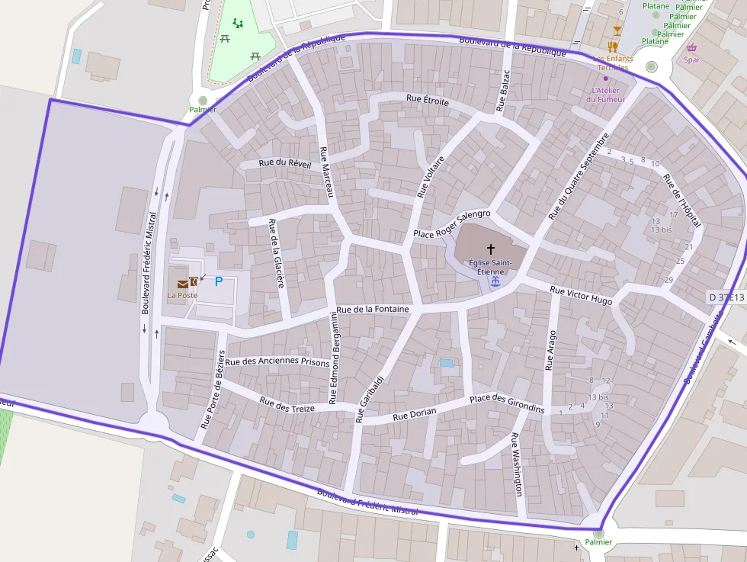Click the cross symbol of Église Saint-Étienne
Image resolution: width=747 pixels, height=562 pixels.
[x=491, y=249]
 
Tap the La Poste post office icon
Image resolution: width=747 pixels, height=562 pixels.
[x=183, y=283]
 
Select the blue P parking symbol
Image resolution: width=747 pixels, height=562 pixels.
[x=219, y=281]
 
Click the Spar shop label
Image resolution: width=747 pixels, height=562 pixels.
[x=692, y=59]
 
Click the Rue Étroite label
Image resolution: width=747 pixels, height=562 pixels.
[x=428, y=100]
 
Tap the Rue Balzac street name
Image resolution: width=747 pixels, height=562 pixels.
[x=502, y=92]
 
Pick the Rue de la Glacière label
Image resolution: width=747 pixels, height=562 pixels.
[x=276, y=253]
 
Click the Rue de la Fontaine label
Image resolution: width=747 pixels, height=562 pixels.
[x=373, y=309]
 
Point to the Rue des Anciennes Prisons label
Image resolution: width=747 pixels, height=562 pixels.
[x=277, y=361]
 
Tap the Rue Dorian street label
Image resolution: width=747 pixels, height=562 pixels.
[x=415, y=414]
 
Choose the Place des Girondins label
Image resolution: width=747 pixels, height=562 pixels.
[x=507, y=403]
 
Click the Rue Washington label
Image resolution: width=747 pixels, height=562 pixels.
[x=518, y=464]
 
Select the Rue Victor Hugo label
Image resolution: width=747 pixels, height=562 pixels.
[x=581, y=295]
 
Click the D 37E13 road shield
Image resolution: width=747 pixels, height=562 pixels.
[x=726, y=297]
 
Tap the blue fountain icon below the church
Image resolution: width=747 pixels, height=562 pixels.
[x=495, y=282]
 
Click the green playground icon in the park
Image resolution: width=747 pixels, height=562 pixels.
[x=239, y=24]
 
